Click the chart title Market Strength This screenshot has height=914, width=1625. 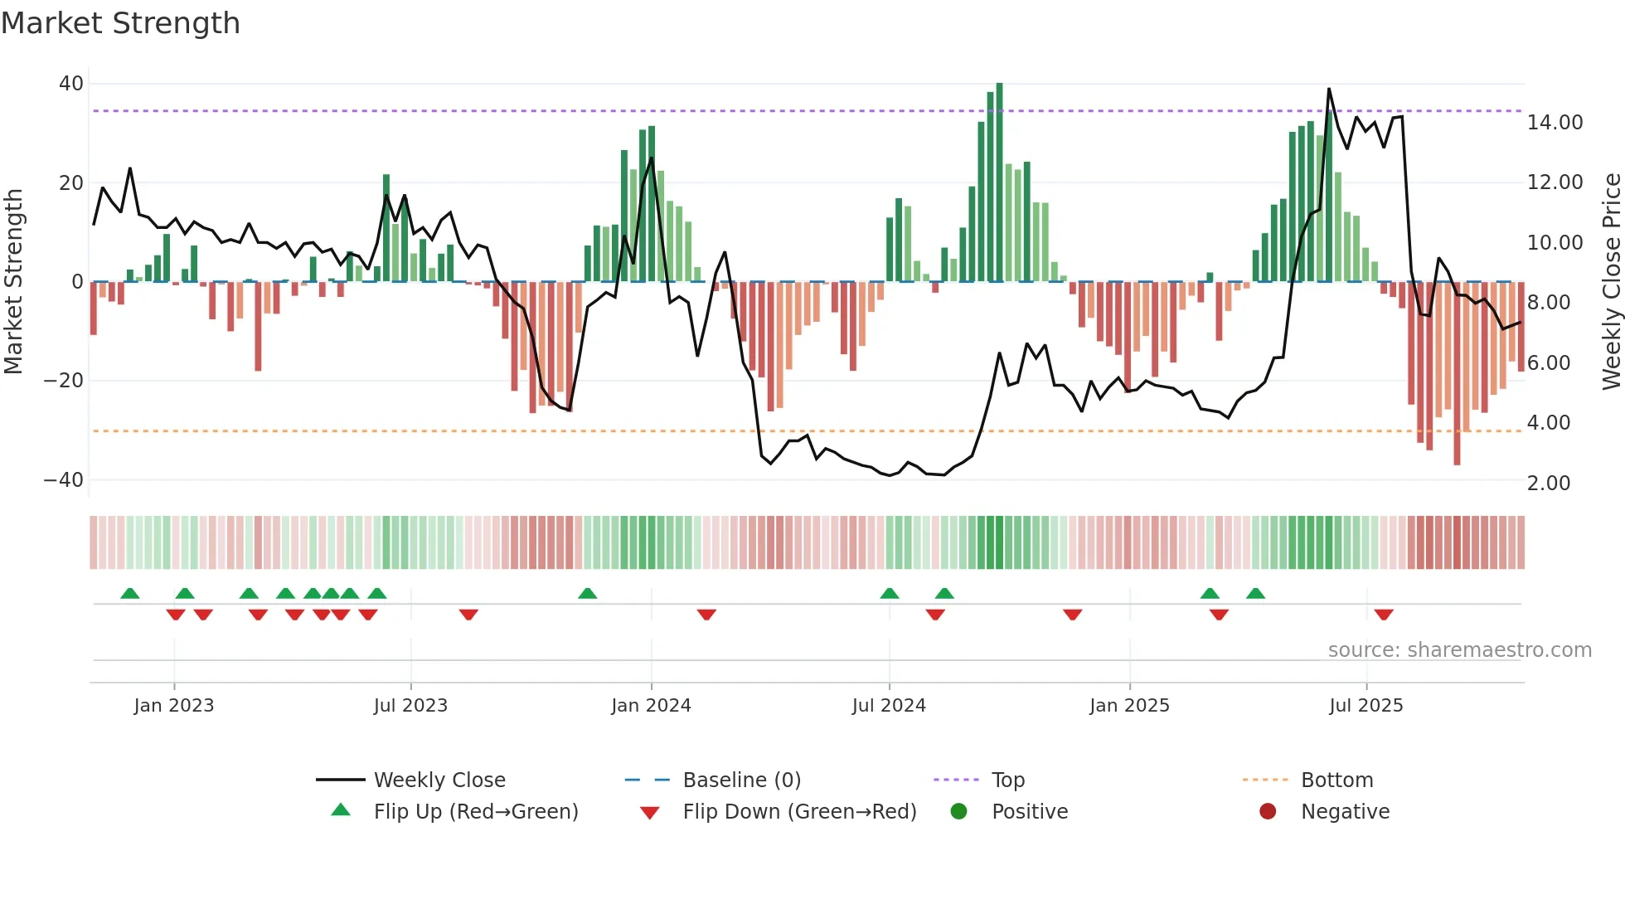(120, 23)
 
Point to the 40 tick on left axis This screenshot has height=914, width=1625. (71, 84)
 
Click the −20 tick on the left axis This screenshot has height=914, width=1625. (64, 381)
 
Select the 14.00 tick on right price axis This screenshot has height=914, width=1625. (1555, 123)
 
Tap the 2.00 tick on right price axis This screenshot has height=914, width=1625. (1548, 483)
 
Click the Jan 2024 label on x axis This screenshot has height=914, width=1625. (651, 705)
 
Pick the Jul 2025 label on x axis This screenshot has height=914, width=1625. (1365, 705)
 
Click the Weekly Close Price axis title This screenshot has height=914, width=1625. (1611, 281)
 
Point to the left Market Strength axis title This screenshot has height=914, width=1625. (13, 281)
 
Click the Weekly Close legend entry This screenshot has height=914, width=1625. (439, 780)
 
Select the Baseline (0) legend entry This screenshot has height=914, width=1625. (741, 780)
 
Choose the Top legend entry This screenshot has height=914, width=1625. (1007, 780)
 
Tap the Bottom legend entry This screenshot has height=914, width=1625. (1336, 780)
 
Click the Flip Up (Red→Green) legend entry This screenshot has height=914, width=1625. (475, 811)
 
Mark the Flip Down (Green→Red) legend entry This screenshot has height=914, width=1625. (799, 811)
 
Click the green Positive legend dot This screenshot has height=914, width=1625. (958, 811)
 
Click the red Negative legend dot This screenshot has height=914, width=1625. (1268, 811)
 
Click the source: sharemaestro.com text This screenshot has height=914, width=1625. (1459, 649)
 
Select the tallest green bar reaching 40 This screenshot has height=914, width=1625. (999, 182)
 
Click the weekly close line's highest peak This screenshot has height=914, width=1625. (1329, 89)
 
